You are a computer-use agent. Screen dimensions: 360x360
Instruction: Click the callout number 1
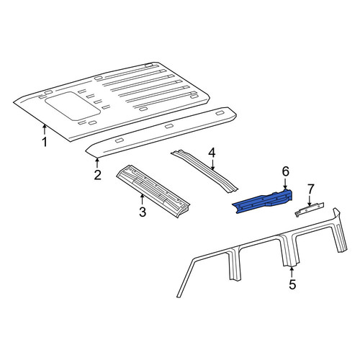(x=45, y=142)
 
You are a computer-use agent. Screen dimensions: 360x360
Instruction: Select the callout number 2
(x=97, y=175)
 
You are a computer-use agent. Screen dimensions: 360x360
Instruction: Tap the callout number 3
(x=143, y=212)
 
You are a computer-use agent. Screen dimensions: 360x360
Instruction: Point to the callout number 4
(x=212, y=153)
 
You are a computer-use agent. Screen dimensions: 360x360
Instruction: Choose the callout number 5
(x=292, y=284)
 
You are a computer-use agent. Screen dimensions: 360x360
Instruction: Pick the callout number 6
(x=286, y=171)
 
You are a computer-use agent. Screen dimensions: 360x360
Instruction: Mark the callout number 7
(x=310, y=189)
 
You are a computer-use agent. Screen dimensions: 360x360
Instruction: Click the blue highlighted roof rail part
(x=263, y=202)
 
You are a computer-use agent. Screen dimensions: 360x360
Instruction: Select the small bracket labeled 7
(x=310, y=210)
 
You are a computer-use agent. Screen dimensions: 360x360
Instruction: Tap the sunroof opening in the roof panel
(x=73, y=106)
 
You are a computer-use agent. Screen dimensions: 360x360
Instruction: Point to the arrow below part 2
(x=97, y=163)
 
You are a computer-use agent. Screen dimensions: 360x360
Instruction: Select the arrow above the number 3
(x=143, y=200)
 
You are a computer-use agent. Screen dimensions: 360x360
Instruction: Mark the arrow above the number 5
(x=292, y=273)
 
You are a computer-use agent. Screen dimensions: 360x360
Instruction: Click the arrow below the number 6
(x=285, y=184)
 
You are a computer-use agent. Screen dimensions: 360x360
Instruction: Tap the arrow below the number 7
(x=310, y=201)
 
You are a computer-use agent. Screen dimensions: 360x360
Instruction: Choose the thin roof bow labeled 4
(x=204, y=171)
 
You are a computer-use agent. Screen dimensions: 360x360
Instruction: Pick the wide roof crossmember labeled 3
(x=153, y=191)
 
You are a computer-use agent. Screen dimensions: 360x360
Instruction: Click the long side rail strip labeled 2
(x=161, y=132)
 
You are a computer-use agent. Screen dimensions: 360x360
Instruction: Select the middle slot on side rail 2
(x=169, y=126)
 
